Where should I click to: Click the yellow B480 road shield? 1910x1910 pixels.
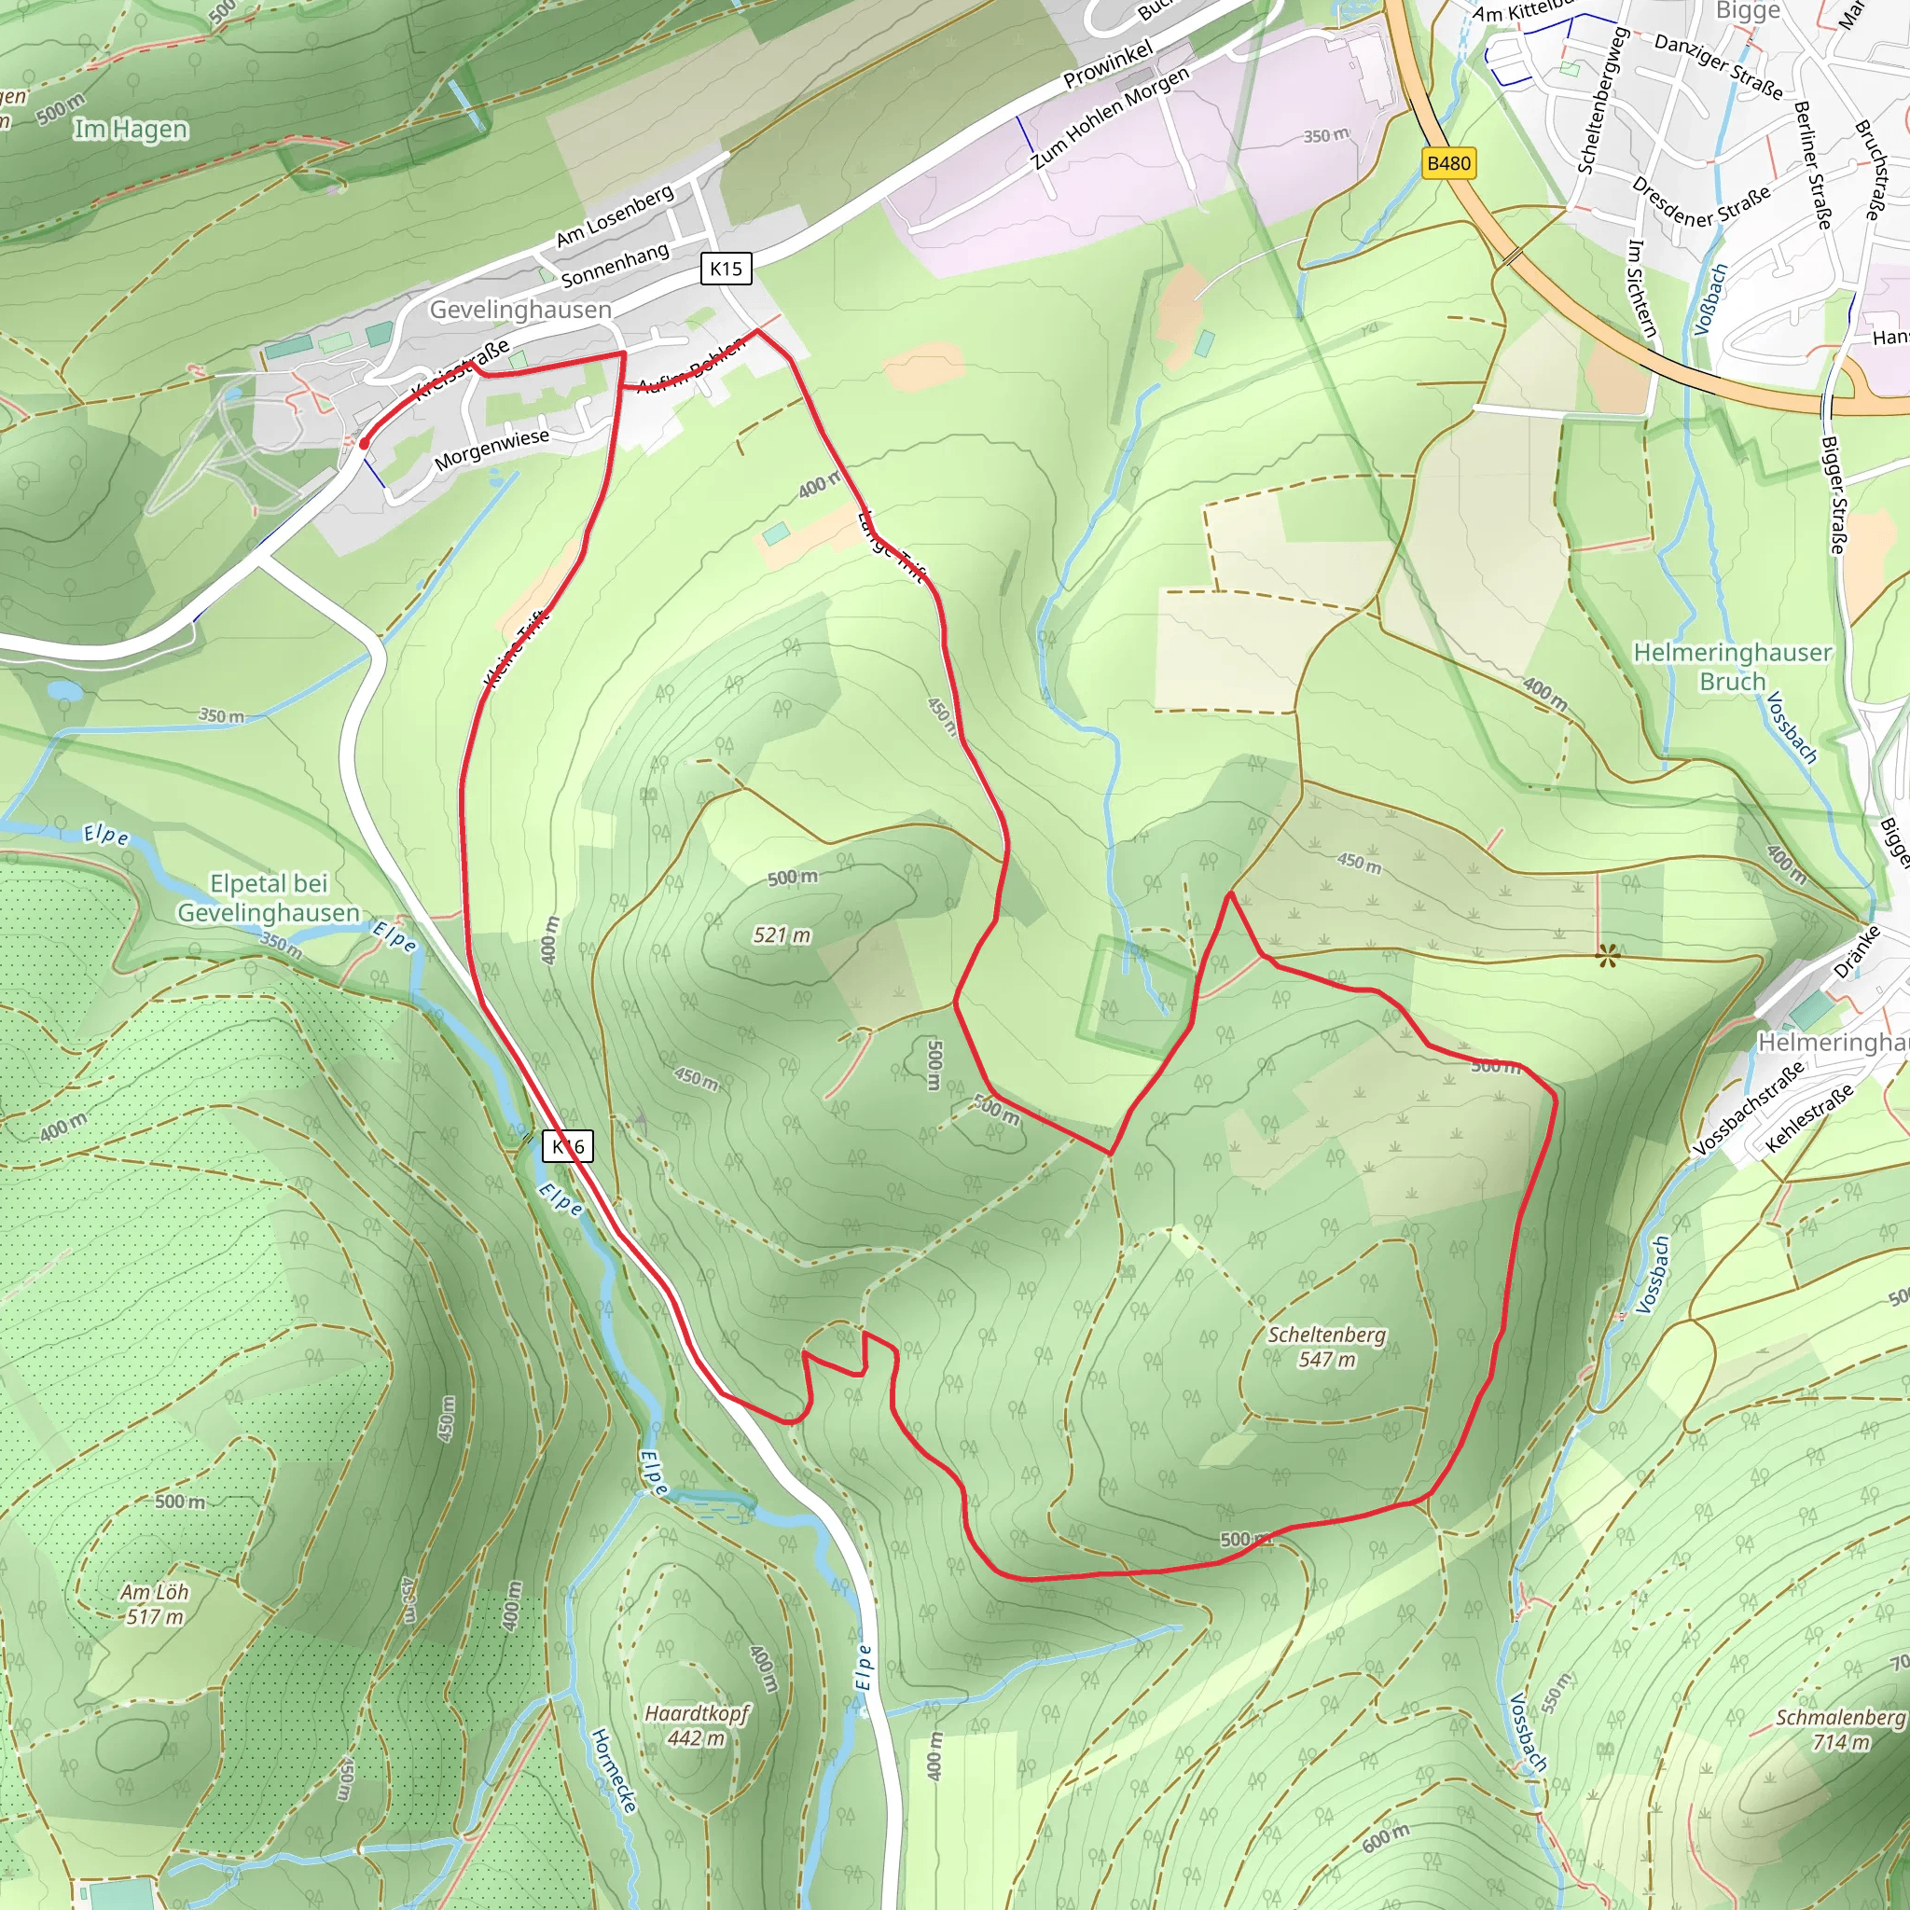coord(1448,163)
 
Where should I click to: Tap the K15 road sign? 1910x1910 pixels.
coord(726,268)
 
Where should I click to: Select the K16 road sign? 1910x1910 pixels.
coord(567,1146)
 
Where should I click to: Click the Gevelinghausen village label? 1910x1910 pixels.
coord(520,310)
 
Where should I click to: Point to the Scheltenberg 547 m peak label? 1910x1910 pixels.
coord(1327,1347)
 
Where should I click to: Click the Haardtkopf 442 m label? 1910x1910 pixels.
coord(697,1725)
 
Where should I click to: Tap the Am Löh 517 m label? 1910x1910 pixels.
coord(154,1604)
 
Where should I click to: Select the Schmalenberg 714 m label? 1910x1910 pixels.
coord(1840,1729)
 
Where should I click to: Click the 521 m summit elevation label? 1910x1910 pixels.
coord(781,934)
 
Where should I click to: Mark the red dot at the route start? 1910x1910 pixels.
coord(364,444)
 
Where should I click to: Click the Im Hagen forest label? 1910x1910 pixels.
coord(131,130)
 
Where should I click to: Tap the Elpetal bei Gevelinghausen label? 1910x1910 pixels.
coord(268,898)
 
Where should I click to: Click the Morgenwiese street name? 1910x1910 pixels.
coord(491,449)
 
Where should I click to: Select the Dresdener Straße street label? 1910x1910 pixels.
coord(1699,201)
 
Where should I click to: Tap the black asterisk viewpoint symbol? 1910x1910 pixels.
coord(1608,955)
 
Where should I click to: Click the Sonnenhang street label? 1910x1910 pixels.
coord(615,264)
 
